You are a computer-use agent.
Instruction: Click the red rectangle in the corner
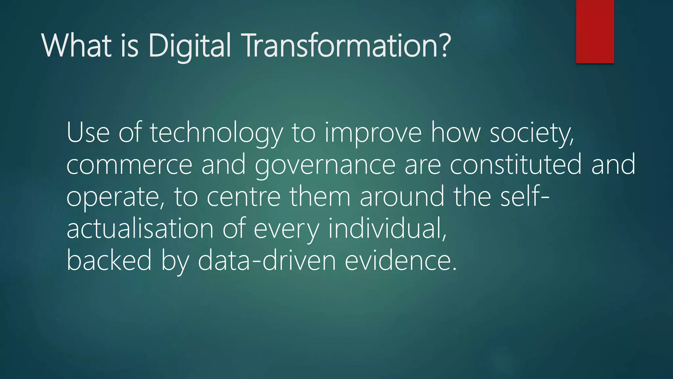point(595,32)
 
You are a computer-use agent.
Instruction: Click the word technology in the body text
point(216,133)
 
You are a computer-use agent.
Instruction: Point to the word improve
point(373,133)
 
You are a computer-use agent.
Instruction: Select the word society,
point(531,133)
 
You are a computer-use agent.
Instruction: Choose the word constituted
point(516,164)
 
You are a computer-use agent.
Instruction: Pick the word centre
point(244,197)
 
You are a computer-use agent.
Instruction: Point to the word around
point(402,197)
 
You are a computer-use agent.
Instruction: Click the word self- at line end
point(524,196)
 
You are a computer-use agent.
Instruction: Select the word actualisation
point(140,228)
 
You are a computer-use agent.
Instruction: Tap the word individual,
point(387,228)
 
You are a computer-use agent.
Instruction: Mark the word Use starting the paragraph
point(88,133)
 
